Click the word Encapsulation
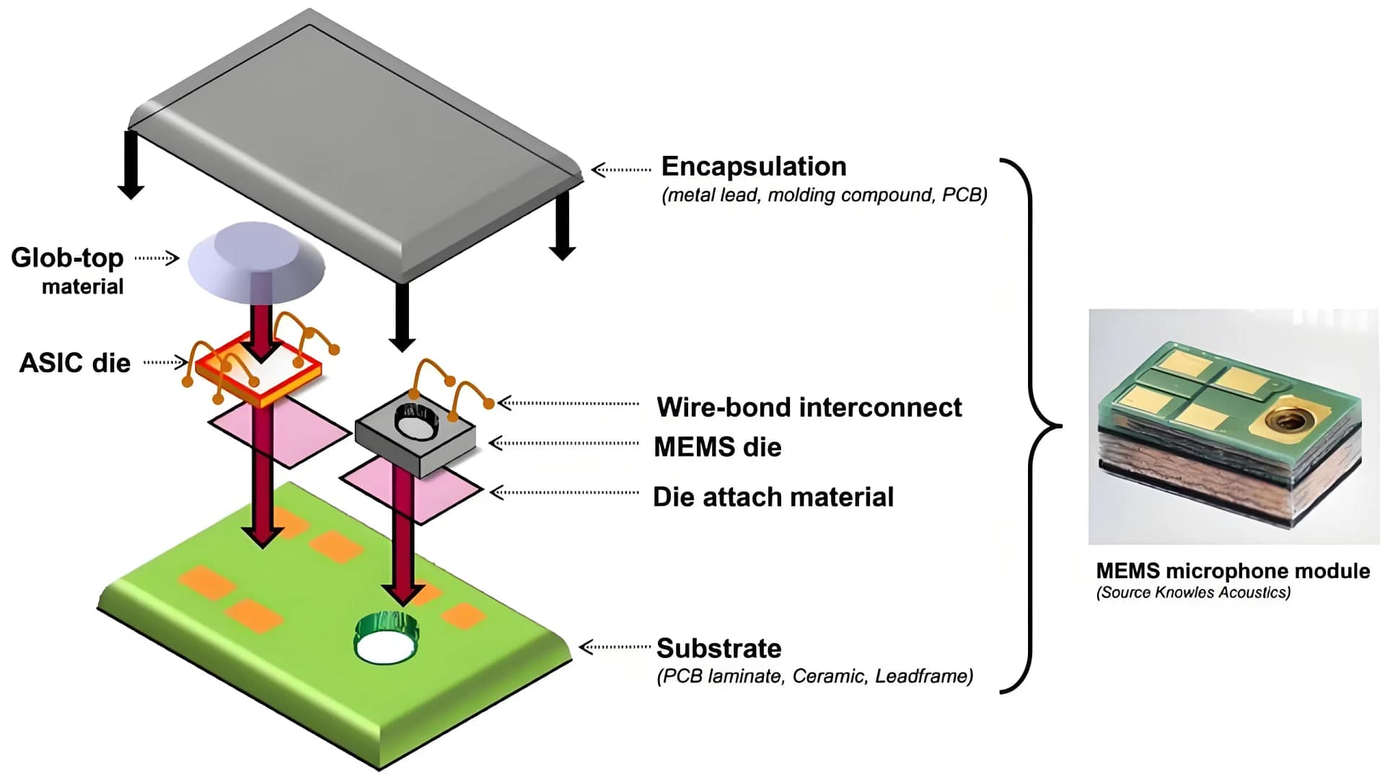tap(753, 167)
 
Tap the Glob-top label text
tap(67, 258)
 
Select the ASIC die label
tap(75, 363)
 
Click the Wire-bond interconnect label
tap(809, 408)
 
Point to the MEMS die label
tap(717, 447)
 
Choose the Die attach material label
tap(773, 497)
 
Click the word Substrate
tap(718, 649)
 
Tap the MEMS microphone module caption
tap(1232, 572)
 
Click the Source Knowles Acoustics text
tap(1193, 593)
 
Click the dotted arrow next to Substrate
tap(615, 647)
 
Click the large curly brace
tap(1032, 426)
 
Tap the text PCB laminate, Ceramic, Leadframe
tap(814, 677)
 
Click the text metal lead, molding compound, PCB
tap(824, 196)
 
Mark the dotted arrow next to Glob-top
tap(157, 258)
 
